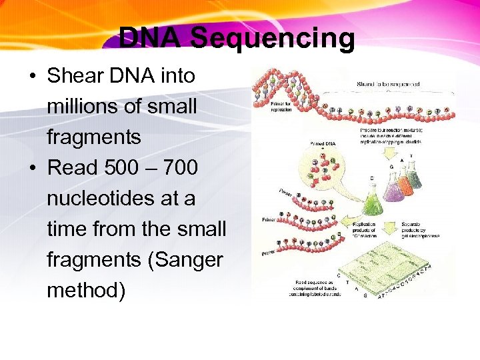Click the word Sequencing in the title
(273, 39)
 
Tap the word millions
(79, 107)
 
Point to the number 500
(119, 168)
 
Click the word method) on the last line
(86, 291)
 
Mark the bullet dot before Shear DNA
(33, 77)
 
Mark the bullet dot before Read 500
(33, 169)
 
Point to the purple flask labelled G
(394, 187)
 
